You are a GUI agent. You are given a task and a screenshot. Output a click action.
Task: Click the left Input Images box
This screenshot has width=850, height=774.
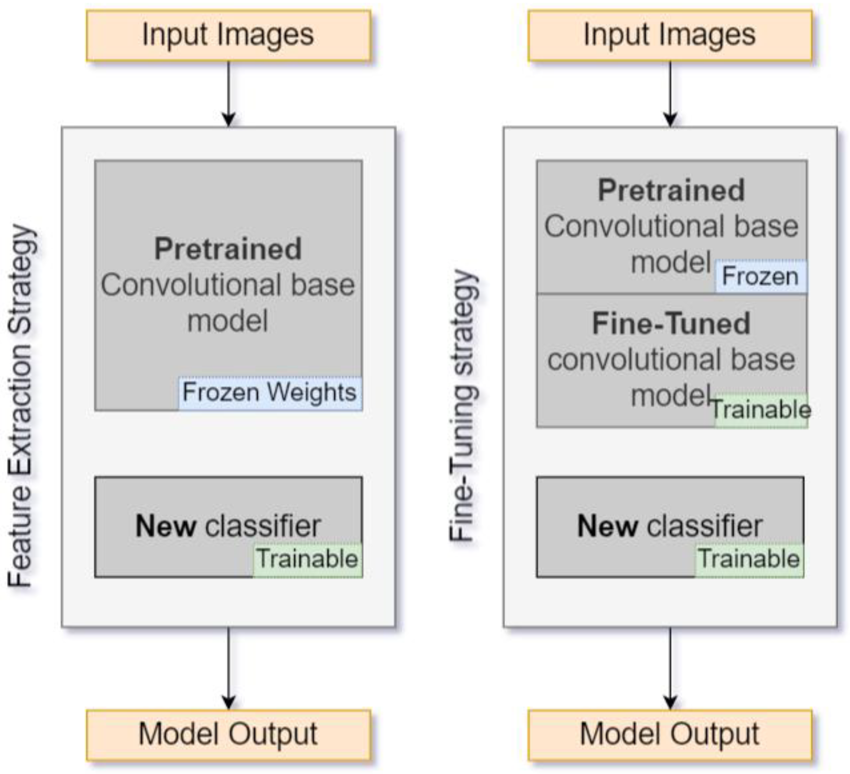tap(228, 36)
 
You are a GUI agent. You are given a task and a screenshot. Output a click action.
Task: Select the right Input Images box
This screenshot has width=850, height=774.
tap(670, 36)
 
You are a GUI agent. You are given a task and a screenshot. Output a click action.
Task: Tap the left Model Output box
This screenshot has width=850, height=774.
tap(228, 735)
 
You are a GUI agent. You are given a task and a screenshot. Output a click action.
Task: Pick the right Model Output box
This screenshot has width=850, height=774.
tap(670, 735)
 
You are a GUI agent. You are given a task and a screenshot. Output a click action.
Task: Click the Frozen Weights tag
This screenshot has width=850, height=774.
tap(269, 393)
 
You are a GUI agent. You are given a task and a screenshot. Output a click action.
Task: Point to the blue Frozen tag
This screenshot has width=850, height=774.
tap(760, 277)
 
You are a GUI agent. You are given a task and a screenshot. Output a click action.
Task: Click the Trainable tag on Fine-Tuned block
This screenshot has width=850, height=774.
tap(761, 410)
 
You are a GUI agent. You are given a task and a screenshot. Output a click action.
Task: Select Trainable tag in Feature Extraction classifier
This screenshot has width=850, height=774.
tap(308, 559)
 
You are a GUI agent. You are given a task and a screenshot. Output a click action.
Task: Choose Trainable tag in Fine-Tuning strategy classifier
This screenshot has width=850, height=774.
tap(749, 559)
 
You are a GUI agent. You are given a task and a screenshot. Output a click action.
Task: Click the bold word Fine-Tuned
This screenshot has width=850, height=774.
tap(671, 324)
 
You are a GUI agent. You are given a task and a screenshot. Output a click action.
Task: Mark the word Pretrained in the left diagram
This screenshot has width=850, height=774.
tap(228, 249)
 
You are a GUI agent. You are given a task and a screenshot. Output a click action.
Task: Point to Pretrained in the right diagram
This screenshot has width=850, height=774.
tap(671, 191)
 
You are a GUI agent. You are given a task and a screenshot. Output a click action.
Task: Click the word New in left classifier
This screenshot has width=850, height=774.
tap(165, 526)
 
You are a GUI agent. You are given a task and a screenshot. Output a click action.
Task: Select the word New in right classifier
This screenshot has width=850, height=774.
tap(607, 526)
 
